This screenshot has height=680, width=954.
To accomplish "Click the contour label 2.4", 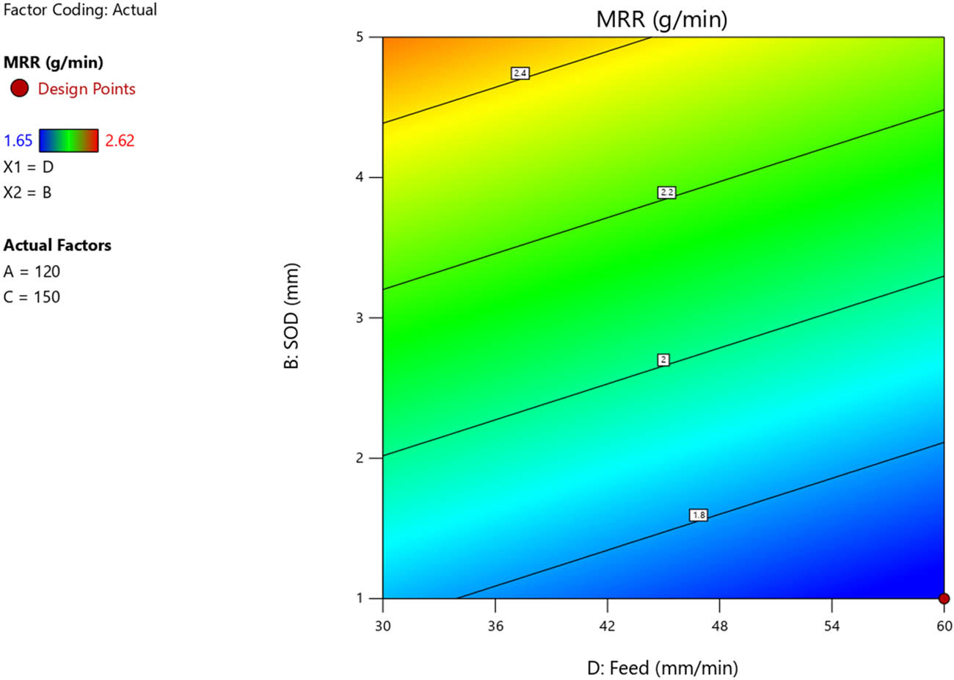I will pos(520,73).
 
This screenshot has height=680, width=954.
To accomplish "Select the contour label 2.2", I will pos(666,192).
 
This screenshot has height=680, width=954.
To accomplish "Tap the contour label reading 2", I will pos(663,360).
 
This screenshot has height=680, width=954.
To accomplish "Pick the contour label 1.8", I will pos(699,516).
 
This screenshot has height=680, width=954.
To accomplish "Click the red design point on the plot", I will pos(944,598).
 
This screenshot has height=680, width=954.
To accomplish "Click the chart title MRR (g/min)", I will pos(662,19).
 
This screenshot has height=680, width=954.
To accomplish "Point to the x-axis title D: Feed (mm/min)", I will pos(663,668).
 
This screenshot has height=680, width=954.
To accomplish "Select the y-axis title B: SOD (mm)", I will pos(291,316).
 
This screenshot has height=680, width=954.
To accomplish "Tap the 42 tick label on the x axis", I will pos(608,626).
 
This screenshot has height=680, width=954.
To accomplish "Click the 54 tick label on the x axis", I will pos(832,626).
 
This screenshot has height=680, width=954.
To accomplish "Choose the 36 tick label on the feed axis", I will pos(495,626).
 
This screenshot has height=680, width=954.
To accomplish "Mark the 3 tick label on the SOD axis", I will pos(360,318).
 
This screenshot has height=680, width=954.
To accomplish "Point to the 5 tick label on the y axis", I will pos(360,37).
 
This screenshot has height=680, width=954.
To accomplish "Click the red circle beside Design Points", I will pos(19,89).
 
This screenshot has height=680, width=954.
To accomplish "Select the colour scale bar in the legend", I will pos(68,140).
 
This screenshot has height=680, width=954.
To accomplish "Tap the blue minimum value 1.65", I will pos(18,141).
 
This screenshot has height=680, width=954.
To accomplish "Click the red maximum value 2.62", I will pos(120,141).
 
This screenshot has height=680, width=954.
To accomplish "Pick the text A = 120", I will pos(32,272).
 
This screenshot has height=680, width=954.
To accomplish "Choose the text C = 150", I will pos(32,297).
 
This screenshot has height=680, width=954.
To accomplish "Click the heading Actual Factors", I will pos(57,245).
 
